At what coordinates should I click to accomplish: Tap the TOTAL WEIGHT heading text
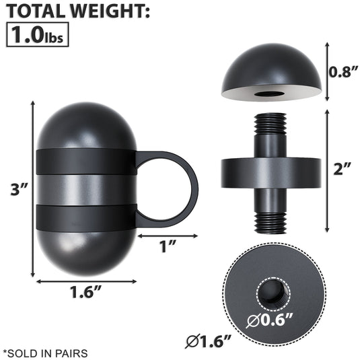(x=75, y=11)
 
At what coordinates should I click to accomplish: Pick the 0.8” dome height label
(x=342, y=72)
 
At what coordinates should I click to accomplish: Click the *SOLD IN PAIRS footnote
(x=45, y=352)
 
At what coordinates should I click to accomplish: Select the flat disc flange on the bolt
(x=270, y=171)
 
